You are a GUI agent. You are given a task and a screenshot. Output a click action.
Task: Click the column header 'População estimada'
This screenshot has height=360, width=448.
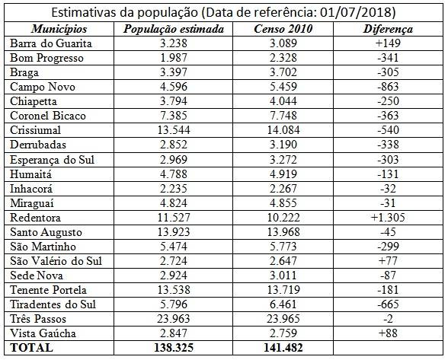(x=174, y=29)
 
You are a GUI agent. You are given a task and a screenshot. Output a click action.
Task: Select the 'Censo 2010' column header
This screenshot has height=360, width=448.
(x=283, y=29)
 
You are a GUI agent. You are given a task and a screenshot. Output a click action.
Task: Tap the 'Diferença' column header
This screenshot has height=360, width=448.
(x=388, y=29)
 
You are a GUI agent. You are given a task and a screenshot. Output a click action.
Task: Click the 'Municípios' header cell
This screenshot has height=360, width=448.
(x=59, y=29)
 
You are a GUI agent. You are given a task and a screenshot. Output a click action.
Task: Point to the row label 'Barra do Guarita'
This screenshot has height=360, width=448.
(x=51, y=43)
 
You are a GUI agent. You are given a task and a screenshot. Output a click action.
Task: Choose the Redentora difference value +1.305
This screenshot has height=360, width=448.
(x=388, y=218)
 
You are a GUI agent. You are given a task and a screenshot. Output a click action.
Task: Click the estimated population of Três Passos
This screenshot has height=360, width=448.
(x=174, y=319)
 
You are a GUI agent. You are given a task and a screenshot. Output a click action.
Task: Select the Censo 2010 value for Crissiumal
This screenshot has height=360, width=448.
(x=283, y=130)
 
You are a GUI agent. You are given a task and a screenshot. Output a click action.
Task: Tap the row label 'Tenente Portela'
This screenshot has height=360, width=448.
(x=48, y=290)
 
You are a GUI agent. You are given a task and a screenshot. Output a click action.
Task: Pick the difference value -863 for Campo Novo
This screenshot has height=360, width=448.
(x=388, y=87)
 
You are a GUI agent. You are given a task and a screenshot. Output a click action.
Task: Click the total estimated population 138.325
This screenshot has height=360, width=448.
(x=174, y=348)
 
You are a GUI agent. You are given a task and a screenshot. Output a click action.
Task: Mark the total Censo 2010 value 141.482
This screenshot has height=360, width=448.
(x=283, y=348)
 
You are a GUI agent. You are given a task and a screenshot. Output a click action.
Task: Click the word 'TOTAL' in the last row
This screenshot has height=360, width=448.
(x=31, y=348)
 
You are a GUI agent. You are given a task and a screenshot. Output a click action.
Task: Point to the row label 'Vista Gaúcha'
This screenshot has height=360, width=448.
(x=43, y=333)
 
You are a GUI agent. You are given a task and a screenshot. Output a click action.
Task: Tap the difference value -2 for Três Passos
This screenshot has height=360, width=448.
(x=388, y=319)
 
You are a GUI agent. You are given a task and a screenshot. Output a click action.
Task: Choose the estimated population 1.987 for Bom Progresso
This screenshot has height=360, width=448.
(x=174, y=58)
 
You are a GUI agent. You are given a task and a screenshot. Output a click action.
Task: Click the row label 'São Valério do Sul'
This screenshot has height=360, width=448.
(x=56, y=261)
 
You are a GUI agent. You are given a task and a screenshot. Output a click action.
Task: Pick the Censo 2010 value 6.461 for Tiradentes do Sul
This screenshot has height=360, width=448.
(x=283, y=304)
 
